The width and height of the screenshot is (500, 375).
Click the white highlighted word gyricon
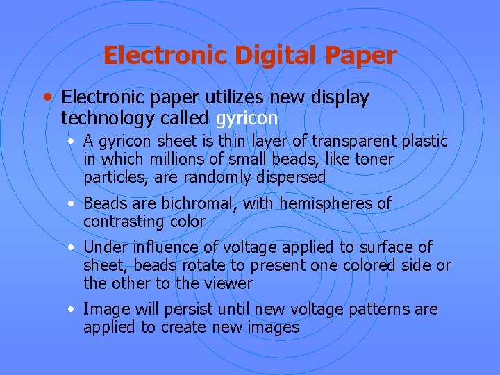click(247, 117)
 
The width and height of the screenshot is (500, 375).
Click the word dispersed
click(290, 178)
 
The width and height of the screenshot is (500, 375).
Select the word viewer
click(230, 284)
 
